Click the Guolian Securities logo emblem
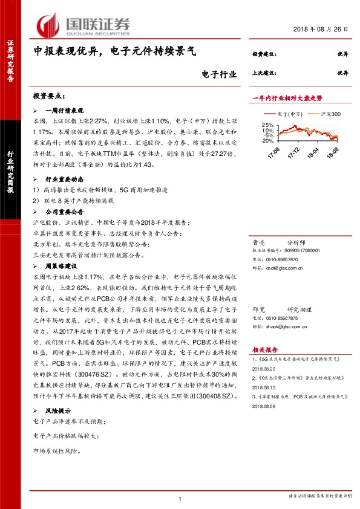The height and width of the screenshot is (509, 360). tap(48, 24)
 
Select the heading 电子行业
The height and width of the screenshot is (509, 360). tap(218, 75)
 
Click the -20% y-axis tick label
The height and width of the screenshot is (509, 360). tap(267, 140)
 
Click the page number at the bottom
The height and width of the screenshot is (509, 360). tap(180, 498)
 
